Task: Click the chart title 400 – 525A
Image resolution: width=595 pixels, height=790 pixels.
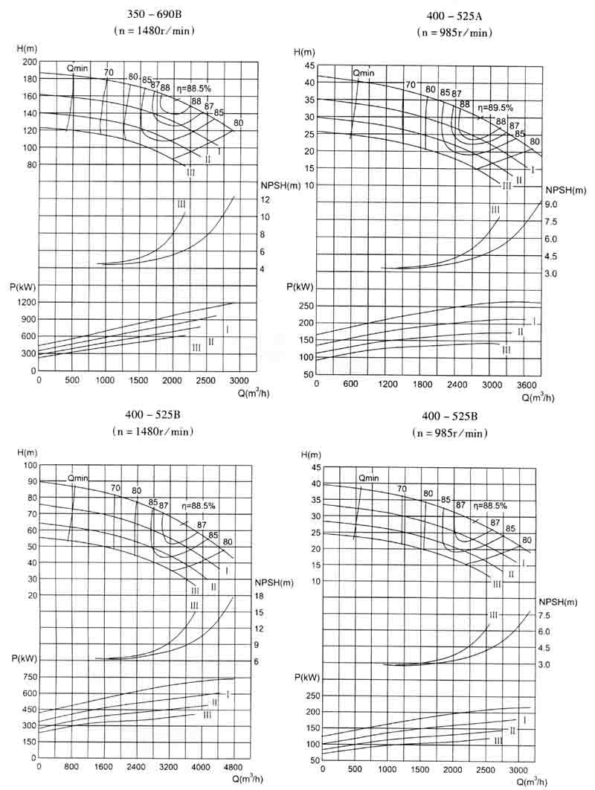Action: pyautogui.click(x=454, y=18)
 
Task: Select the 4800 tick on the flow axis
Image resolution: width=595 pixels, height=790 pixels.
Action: pyautogui.click(x=234, y=765)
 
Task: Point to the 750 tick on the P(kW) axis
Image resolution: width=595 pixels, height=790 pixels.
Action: pyautogui.click(x=27, y=676)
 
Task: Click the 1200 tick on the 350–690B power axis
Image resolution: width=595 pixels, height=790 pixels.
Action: pyautogui.click(x=25, y=303)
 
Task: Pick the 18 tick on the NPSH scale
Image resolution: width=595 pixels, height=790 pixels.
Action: pyautogui.click(x=260, y=597)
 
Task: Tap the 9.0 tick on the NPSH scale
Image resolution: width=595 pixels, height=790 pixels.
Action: pyautogui.click(x=550, y=204)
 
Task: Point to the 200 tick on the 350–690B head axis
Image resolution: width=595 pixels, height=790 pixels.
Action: pyautogui.click(x=30, y=62)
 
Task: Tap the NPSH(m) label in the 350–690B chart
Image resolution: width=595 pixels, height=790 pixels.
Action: pyautogui.click(x=280, y=184)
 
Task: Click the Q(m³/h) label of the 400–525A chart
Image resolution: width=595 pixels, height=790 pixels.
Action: pyautogui.click(x=538, y=397)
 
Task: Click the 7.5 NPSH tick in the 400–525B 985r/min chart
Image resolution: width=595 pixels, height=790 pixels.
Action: pyautogui.click(x=544, y=615)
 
